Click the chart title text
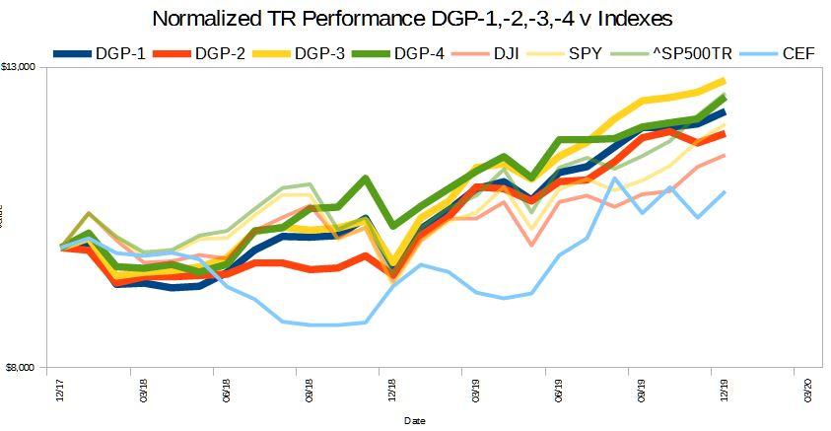point(414,19)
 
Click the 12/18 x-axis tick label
point(393,392)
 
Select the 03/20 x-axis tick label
point(807,392)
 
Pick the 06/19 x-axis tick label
point(559,392)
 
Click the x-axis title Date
point(414,421)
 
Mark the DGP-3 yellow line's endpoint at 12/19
point(726,81)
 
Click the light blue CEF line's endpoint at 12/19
point(726,192)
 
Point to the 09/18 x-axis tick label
point(310,392)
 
